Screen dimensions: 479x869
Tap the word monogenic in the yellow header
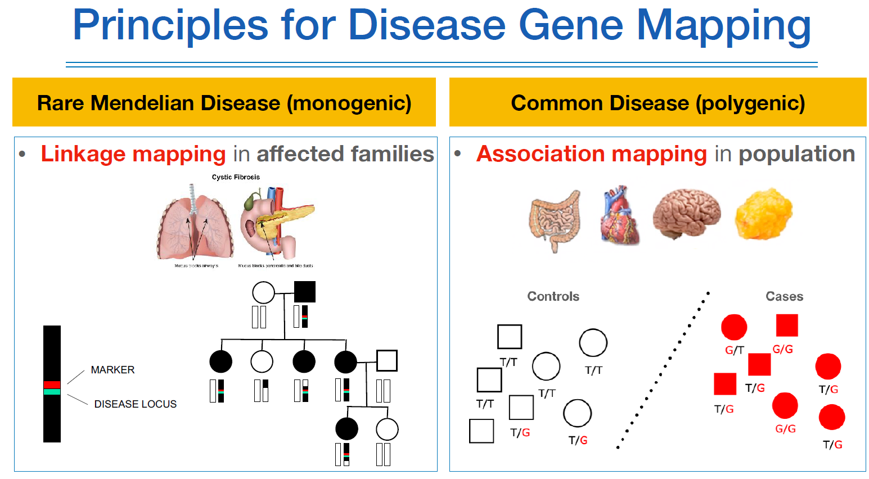coord(349,103)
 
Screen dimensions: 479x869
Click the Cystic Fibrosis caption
coord(236,177)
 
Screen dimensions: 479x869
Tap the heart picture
coord(619,215)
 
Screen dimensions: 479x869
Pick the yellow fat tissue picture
coord(763,214)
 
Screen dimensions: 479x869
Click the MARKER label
coord(112,370)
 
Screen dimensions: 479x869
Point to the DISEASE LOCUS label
coord(135,404)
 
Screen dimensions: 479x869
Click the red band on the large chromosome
coord(52,385)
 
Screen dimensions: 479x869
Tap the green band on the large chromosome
coord(52,392)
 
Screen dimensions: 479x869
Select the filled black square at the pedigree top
coord(305,292)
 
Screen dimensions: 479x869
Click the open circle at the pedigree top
coord(263,292)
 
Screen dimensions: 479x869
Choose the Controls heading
coord(553,296)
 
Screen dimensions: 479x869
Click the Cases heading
coord(784,296)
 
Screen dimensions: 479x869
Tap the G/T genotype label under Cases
coord(734,350)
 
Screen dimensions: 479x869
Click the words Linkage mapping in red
coord(133,154)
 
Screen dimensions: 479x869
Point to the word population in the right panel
coord(796,154)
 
